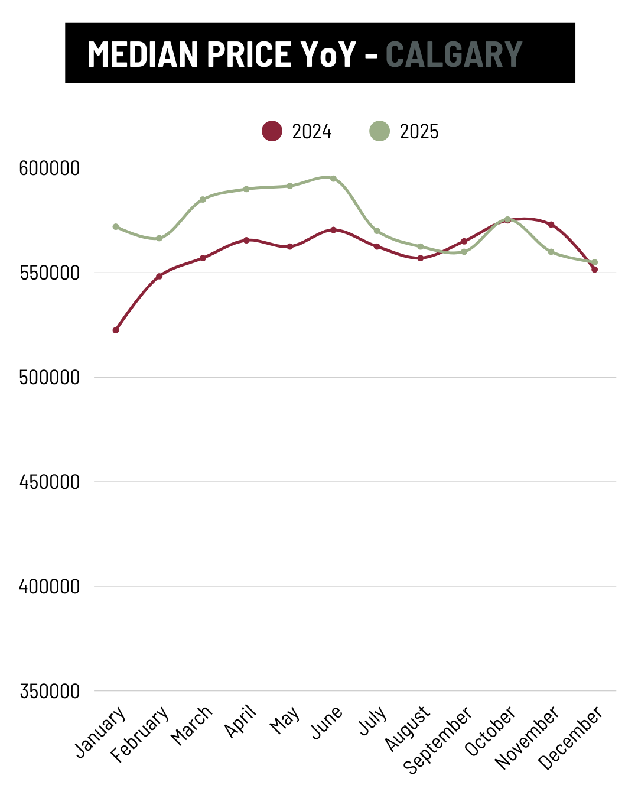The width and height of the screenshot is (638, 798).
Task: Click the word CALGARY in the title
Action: [454, 54]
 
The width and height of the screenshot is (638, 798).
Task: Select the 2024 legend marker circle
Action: [272, 131]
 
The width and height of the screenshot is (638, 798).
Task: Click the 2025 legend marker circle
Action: [379, 131]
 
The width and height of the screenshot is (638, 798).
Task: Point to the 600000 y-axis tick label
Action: [50, 168]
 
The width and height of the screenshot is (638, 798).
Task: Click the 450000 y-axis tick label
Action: [50, 482]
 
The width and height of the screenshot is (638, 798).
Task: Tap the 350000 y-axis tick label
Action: [50, 691]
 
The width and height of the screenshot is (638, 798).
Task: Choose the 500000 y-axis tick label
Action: [50, 378]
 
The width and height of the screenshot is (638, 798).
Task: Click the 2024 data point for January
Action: [116, 330]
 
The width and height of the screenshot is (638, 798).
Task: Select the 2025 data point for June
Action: [333, 179]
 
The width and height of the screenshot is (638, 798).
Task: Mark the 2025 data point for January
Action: [116, 227]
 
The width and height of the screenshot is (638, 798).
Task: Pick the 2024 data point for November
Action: [551, 225]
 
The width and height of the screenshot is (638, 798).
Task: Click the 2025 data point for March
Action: [203, 199]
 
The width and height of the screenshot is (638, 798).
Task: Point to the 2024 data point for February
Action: [159, 276]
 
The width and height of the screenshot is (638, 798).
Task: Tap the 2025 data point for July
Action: [377, 231]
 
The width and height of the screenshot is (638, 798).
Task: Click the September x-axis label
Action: [438, 739]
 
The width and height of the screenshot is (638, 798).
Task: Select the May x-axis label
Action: [285, 721]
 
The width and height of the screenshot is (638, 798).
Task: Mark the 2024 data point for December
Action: [594, 270]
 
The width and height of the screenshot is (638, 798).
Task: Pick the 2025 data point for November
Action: [551, 252]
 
